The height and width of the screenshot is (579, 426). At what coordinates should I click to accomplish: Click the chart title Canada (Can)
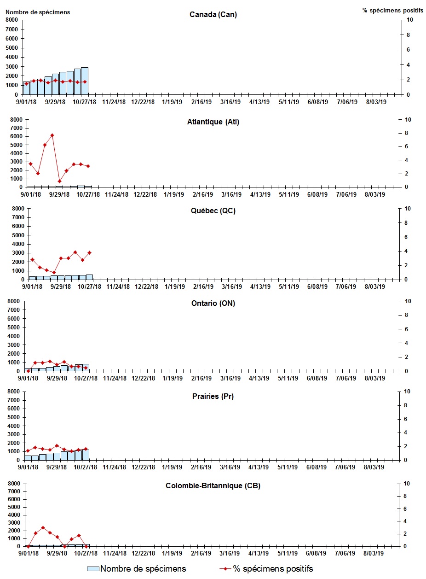point(213,14)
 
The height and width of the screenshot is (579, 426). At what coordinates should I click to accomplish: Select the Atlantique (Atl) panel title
point(213,122)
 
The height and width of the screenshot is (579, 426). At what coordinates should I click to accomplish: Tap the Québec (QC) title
point(213,211)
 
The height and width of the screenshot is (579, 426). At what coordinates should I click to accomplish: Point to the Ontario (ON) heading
point(213,303)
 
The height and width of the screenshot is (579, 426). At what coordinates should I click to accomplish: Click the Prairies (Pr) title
point(213,396)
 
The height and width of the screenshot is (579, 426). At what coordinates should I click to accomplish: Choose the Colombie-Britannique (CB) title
point(213,485)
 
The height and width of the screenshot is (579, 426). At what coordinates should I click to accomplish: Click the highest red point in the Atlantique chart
point(52,135)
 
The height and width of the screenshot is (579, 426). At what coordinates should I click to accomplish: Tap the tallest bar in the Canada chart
point(85,81)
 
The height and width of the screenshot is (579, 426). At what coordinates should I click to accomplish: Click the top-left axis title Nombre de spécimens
point(38,12)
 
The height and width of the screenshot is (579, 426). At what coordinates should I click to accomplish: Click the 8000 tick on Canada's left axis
point(12,20)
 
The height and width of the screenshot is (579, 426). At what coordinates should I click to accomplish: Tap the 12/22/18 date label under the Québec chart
point(146,287)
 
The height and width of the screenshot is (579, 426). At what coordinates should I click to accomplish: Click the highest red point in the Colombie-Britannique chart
point(43,527)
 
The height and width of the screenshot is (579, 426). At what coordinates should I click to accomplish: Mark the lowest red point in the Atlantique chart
point(59,181)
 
